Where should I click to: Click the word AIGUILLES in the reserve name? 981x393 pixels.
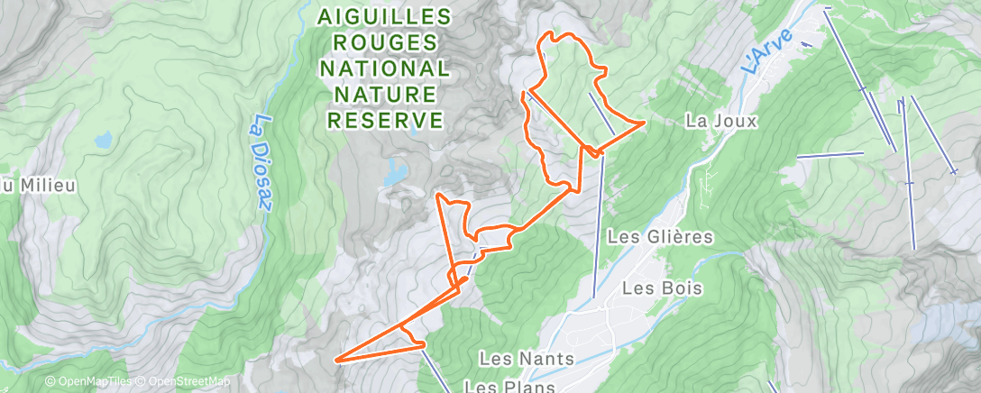[385, 17]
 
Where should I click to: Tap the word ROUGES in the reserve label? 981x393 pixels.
[385, 43]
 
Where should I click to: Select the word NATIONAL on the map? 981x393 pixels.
[385, 69]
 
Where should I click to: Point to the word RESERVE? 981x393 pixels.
[385, 120]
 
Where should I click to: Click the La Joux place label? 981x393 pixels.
[720, 120]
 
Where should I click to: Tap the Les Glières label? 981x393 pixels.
[661, 237]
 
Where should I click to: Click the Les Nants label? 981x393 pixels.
[527, 359]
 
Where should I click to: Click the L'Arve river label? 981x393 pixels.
[767, 51]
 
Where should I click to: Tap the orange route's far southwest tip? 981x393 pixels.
[336, 361]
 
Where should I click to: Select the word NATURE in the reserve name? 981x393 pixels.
[385, 94]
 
